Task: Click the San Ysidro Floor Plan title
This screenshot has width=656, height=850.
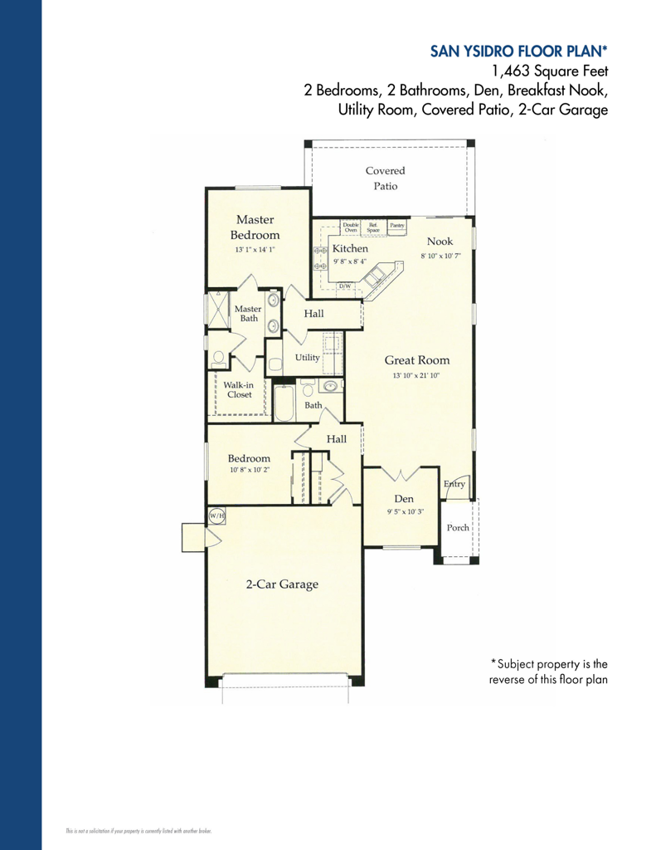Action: [519, 51]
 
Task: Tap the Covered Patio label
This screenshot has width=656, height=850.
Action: [385, 178]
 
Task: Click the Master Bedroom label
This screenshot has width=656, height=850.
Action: [256, 227]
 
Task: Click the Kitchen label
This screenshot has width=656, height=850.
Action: [350, 248]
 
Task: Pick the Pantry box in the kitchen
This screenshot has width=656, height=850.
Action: [396, 225]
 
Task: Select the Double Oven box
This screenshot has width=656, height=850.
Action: [350, 227]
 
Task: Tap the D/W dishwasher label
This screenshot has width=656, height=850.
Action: [346, 286]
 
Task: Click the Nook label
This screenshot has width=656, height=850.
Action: [440, 241]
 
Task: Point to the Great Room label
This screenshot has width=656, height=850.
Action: [416, 360]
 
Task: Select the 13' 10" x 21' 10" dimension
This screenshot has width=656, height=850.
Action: [415, 376]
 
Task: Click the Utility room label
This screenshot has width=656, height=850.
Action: [307, 358]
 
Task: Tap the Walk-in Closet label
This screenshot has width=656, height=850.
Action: [238, 389]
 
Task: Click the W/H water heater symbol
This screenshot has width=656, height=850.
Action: [216, 515]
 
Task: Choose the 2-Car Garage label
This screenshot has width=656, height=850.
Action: [281, 584]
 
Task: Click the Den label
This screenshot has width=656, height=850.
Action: [404, 498]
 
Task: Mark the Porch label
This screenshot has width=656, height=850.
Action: [458, 527]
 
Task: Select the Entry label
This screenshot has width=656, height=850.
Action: [454, 484]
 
